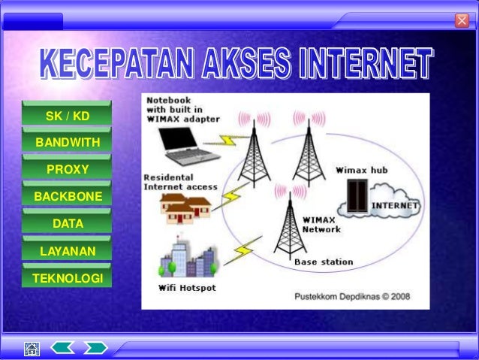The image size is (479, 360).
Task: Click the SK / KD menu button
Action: (67, 116)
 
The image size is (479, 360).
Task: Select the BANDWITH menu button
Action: (67, 142)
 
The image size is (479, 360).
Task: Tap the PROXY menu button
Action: (67, 169)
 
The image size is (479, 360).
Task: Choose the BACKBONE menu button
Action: (67, 196)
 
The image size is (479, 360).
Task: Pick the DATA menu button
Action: (67, 223)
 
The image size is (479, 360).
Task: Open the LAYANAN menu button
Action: (67, 250)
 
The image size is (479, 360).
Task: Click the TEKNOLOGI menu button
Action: (67, 277)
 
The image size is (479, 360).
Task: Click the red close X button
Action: (462, 20)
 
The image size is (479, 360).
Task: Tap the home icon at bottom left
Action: (32, 348)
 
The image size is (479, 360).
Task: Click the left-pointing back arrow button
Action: (62, 347)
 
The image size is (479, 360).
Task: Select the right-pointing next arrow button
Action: (95, 347)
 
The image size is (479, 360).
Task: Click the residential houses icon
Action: (185, 207)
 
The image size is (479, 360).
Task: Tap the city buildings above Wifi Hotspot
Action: (188, 259)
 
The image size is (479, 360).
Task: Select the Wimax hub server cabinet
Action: (354, 197)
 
